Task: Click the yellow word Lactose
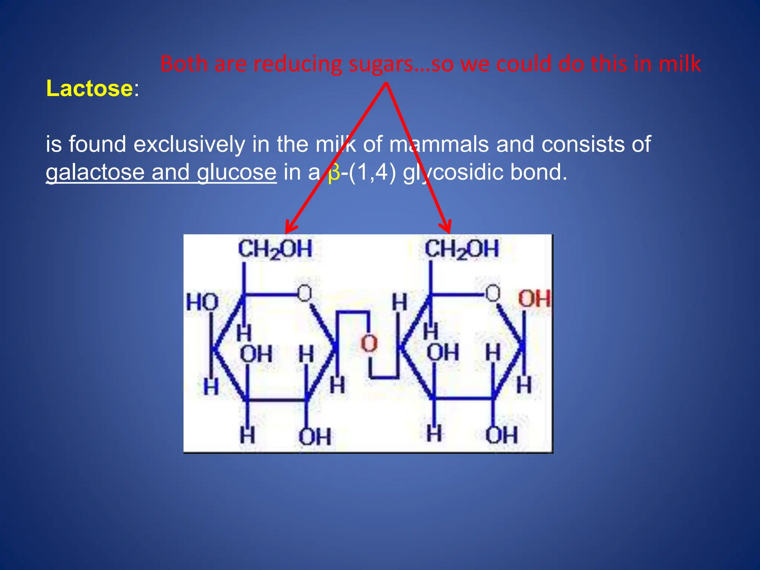(89, 89)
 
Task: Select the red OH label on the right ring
(534, 299)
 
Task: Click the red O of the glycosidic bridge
(369, 344)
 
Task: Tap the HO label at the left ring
(202, 302)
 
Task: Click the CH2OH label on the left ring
(275, 249)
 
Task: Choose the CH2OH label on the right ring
(462, 249)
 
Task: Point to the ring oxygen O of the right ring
(493, 293)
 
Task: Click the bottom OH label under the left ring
(315, 437)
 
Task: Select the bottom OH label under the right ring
(501, 435)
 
